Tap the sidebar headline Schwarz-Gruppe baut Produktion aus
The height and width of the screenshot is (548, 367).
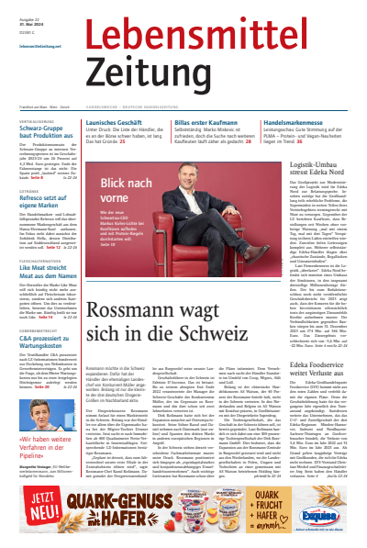click(44, 134)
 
